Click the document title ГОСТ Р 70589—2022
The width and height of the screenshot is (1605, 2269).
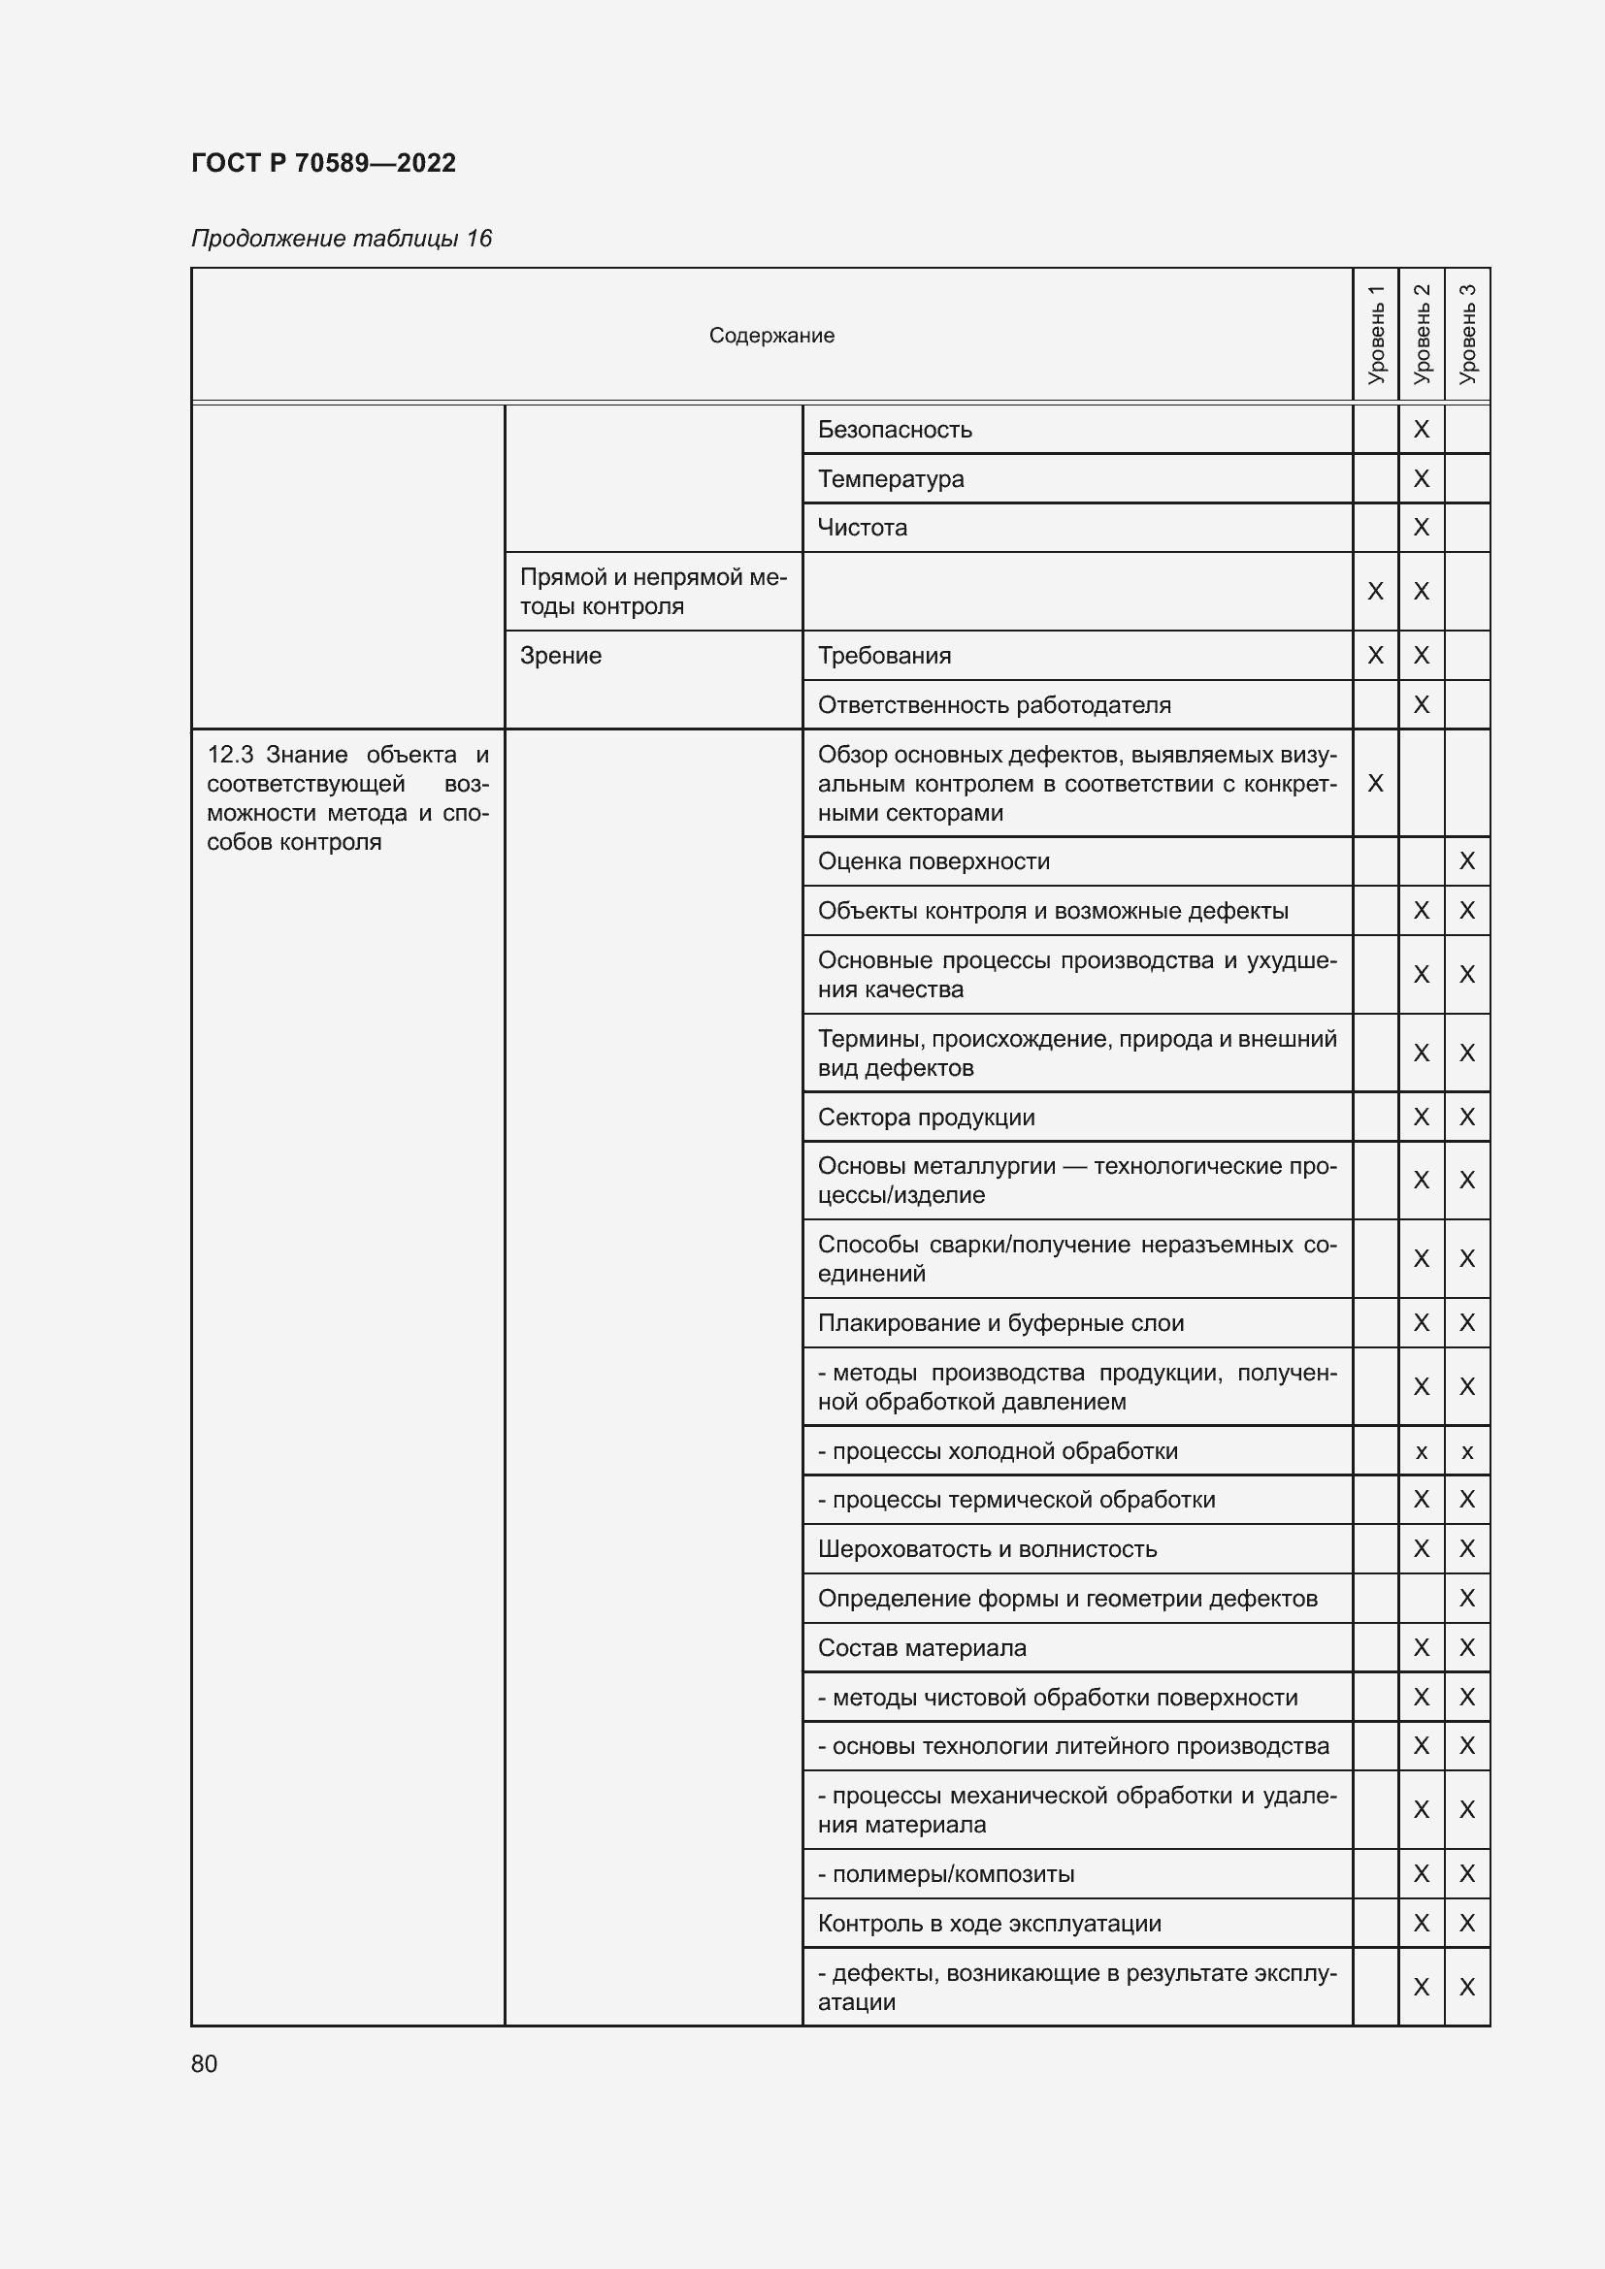323,163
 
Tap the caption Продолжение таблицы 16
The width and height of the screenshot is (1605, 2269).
341,239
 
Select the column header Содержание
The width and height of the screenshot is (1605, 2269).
770,335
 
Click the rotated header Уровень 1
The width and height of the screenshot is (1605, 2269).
1375,334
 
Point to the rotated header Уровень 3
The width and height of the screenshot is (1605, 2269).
1466,334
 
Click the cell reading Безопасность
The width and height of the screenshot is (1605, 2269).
895,430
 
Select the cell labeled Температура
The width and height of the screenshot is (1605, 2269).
891,479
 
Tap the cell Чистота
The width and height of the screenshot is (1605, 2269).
862,528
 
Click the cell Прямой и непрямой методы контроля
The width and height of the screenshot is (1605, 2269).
652,591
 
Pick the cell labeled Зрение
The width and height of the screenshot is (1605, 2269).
560,656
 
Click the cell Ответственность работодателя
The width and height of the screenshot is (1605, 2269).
994,705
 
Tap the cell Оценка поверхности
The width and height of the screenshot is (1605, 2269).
933,861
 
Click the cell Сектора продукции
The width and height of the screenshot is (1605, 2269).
926,1118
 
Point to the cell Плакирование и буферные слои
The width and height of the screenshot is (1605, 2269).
1000,1323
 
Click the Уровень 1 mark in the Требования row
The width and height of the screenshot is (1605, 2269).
1375,656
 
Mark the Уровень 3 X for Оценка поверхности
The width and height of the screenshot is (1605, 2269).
1466,861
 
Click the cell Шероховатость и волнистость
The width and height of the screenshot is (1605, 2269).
986,1549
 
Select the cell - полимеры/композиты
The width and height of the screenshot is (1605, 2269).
946,1875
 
